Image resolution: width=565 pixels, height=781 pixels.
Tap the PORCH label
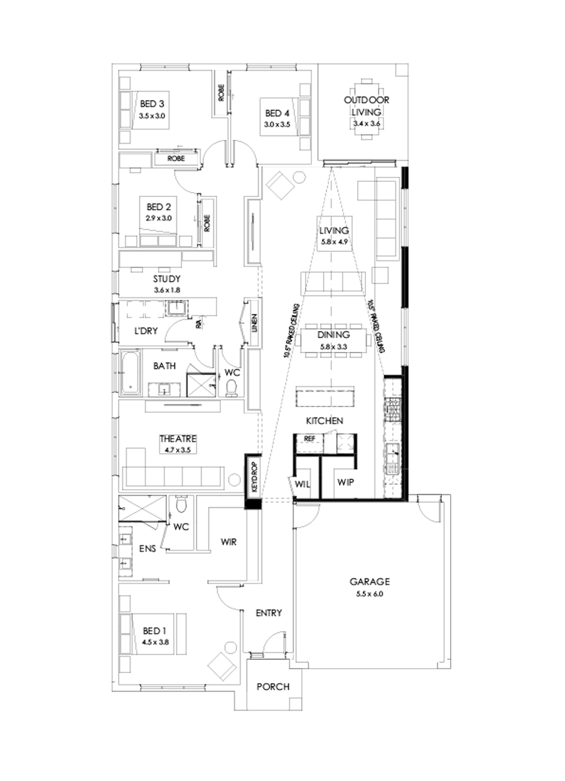[273, 686]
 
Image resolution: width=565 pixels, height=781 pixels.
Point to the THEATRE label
[178, 438]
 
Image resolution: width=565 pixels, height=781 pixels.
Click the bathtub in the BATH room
[129, 374]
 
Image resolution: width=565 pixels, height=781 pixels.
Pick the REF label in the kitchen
[309, 438]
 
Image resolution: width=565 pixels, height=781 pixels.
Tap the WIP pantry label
[347, 482]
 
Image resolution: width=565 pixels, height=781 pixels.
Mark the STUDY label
[166, 279]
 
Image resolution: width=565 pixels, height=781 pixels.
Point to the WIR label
[228, 542]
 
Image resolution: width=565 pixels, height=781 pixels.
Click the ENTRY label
[269, 613]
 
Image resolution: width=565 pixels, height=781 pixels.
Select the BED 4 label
[277, 114]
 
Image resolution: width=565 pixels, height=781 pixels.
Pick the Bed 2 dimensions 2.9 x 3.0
[159, 218]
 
